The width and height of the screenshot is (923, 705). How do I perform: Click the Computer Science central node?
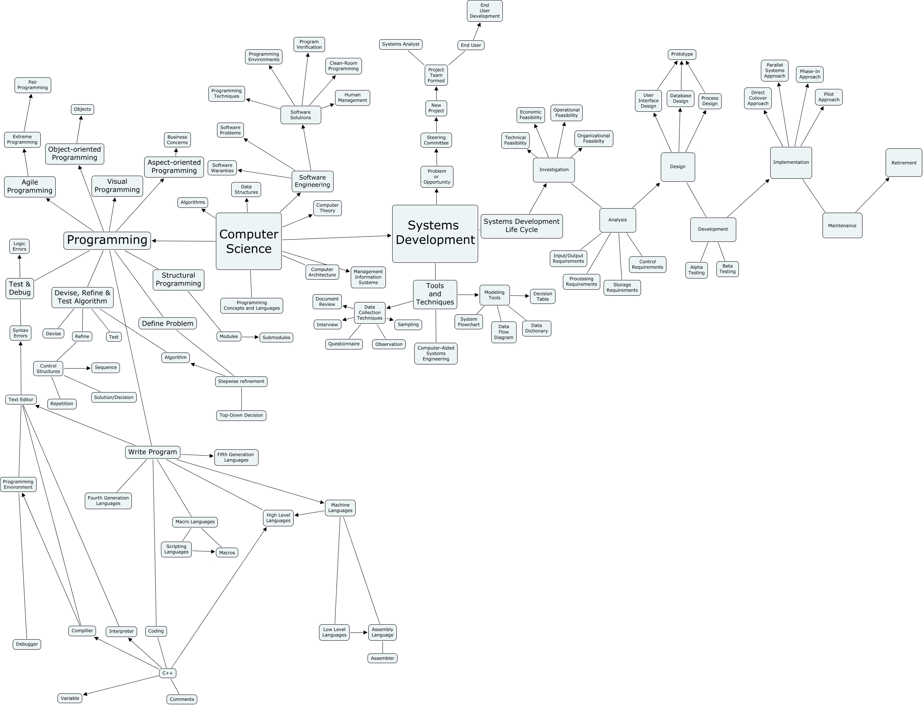[248, 241]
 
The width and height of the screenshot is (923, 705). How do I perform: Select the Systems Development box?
[435, 233]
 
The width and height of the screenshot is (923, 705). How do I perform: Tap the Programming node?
[107, 240]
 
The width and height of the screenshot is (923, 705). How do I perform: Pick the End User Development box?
[484, 11]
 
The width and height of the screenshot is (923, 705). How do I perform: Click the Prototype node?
[681, 54]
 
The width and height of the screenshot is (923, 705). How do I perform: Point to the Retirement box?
[903, 163]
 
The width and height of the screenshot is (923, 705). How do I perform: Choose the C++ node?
[167, 673]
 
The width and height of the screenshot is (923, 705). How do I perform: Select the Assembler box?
[382, 658]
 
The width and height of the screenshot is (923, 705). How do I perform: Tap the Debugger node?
[27, 644]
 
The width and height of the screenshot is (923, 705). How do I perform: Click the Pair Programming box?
[33, 85]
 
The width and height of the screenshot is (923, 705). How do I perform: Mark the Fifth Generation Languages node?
[236, 458]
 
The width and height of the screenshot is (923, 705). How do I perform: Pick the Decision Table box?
[542, 296]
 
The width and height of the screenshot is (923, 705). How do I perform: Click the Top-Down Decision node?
[241, 415]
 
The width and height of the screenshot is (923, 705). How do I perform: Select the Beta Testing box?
[727, 269]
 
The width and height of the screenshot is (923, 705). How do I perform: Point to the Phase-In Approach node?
[809, 74]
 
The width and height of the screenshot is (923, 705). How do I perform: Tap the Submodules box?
[276, 338]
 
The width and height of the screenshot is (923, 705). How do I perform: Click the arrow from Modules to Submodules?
[250, 337]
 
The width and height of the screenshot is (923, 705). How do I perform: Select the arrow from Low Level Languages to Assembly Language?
[359, 632]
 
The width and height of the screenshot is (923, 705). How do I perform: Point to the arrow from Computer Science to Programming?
[184, 241]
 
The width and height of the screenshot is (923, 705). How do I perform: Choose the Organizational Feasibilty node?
[594, 138]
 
